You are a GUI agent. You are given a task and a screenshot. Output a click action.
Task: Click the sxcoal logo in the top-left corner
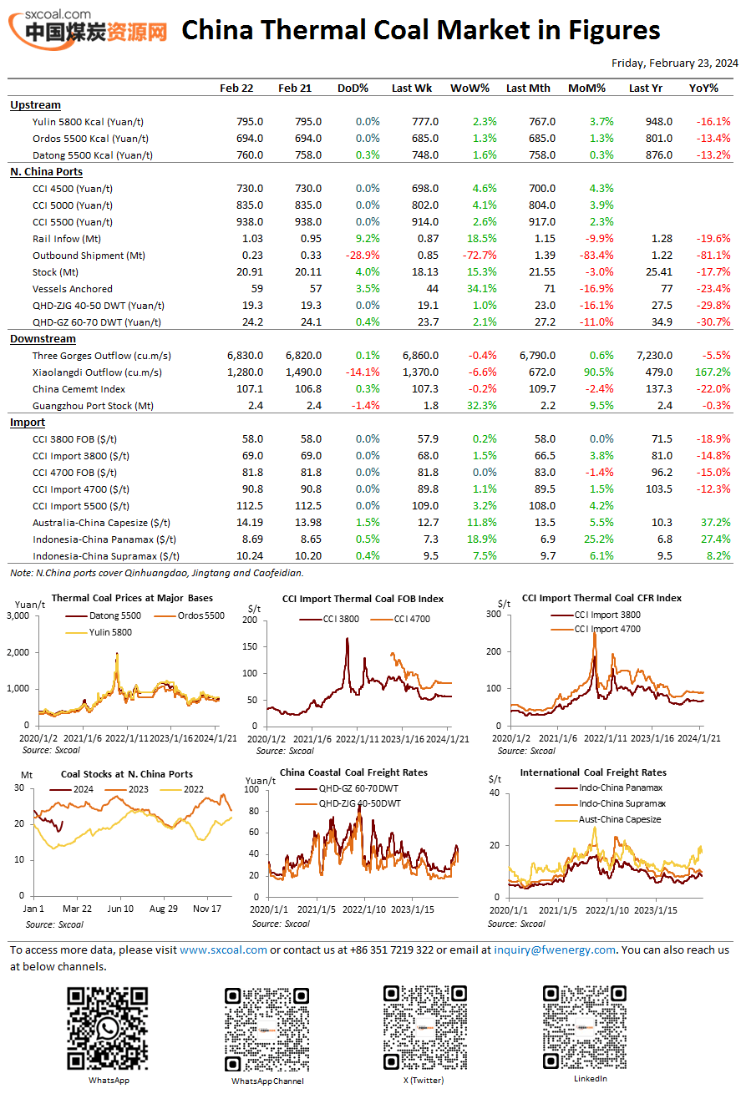(x=88, y=29)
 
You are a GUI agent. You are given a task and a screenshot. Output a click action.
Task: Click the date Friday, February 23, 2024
(x=674, y=63)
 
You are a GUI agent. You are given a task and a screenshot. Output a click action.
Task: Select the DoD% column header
(x=353, y=89)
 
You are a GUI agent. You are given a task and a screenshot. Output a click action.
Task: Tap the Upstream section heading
(x=35, y=105)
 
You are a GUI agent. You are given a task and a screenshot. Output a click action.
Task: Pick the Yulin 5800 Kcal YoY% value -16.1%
(x=713, y=122)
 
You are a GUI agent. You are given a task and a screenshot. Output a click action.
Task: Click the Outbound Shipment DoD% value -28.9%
(x=363, y=256)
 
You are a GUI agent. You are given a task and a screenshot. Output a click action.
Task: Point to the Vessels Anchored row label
(x=73, y=289)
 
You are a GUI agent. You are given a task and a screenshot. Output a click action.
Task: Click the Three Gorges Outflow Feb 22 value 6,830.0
(x=245, y=356)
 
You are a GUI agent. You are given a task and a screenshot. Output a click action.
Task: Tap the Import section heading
(x=28, y=423)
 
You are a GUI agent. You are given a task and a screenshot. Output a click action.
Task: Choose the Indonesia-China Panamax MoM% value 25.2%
(x=598, y=539)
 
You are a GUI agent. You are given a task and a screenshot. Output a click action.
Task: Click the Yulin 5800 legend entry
(x=99, y=632)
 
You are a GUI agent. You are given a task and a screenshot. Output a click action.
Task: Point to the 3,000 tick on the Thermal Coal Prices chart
(x=18, y=616)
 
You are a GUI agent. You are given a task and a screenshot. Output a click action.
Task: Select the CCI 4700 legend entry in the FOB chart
(x=400, y=619)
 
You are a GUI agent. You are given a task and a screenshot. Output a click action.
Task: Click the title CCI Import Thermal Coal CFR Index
(x=601, y=598)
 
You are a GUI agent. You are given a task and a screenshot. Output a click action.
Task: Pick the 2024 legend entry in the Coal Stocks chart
(x=71, y=789)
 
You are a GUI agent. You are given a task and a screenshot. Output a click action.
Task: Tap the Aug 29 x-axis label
(x=164, y=909)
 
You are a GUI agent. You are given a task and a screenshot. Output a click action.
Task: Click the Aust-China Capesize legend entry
(x=608, y=819)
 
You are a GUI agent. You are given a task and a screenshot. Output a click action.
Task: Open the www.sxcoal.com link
(x=223, y=950)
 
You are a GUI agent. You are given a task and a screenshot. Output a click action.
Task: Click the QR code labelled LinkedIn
(x=585, y=1027)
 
